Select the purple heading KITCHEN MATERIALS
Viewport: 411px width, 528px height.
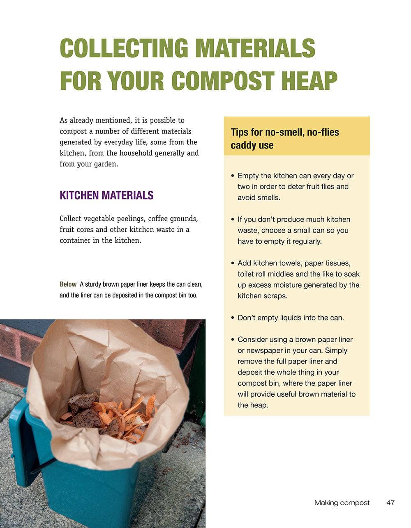click(106, 195)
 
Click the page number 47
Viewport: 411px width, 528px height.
click(390, 503)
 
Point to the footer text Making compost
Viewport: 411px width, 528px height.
click(342, 503)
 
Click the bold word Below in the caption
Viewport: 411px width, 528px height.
click(68, 284)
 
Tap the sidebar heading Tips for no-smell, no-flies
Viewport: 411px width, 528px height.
click(284, 132)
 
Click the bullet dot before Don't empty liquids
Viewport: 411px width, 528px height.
click(232, 318)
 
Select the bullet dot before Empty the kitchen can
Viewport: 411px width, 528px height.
click(232, 176)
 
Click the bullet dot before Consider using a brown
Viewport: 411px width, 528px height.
click(232, 339)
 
